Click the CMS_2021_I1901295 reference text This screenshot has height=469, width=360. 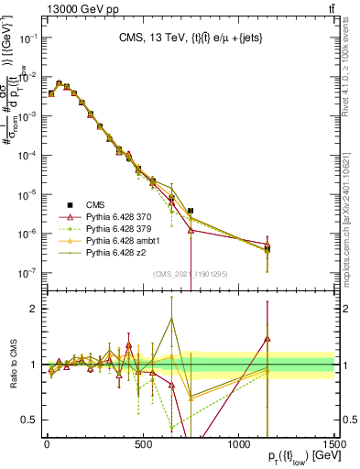pos(191,274)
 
